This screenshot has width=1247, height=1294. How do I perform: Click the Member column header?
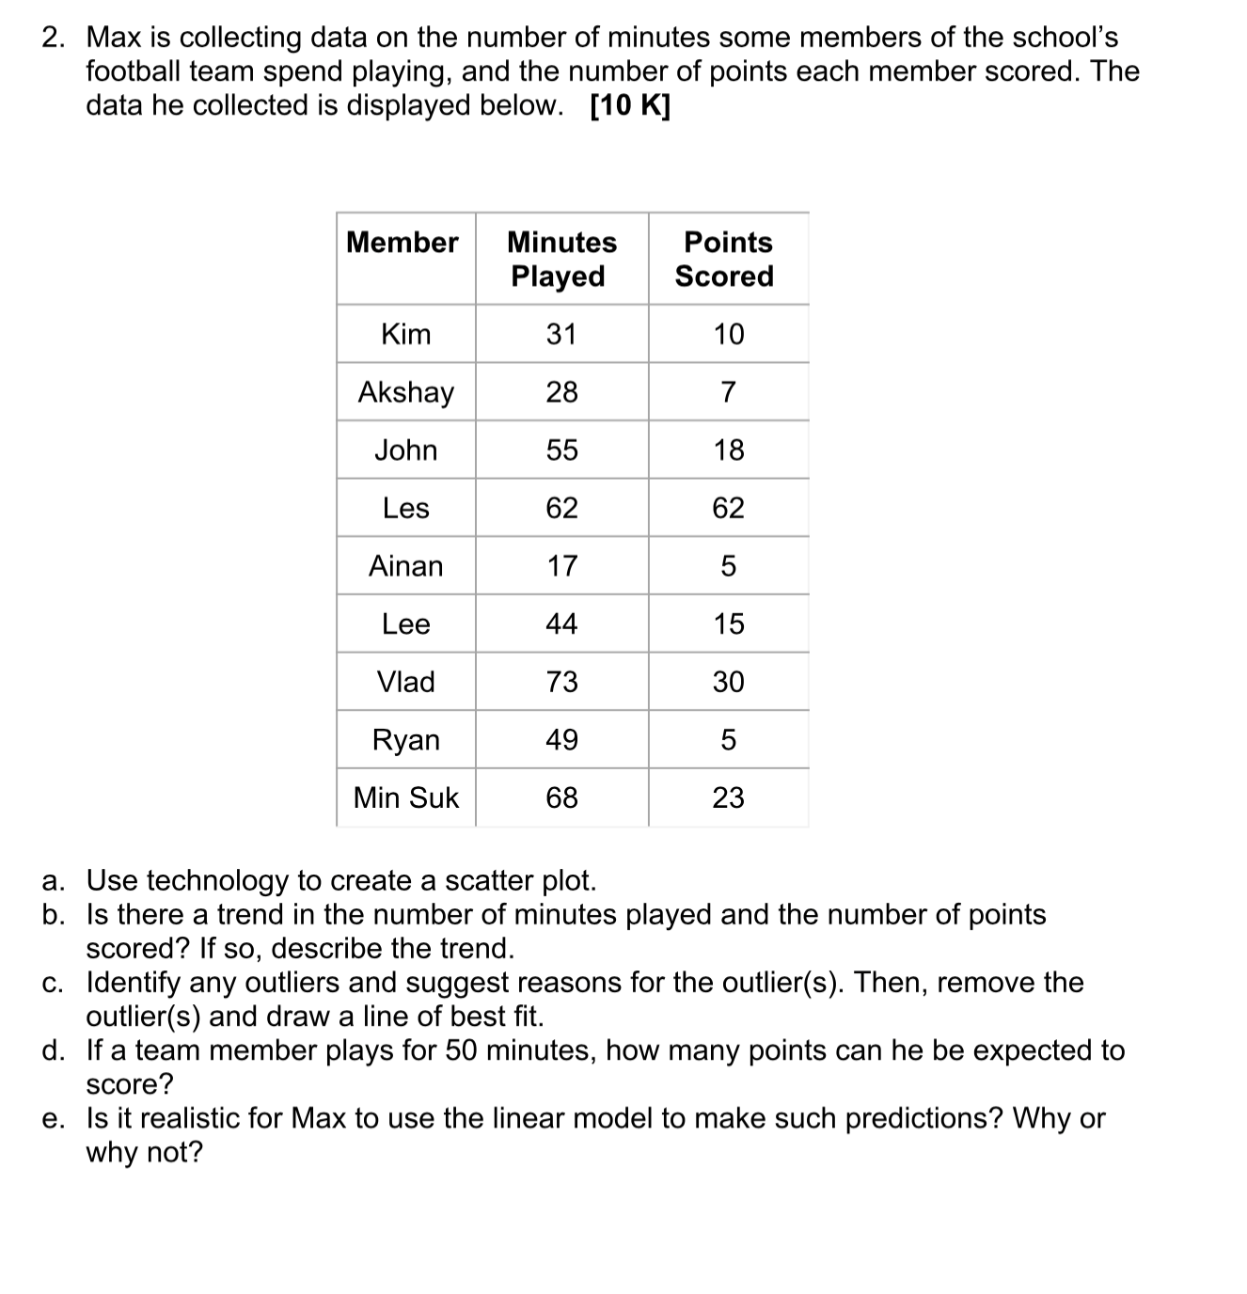click(x=403, y=243)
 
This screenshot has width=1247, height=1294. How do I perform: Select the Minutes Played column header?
click(x=561, y=259)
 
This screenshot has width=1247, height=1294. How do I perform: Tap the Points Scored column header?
click(x=727, y=259)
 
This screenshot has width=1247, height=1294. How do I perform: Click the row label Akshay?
click(x=405, y=392)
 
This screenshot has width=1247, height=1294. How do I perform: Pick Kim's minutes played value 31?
click(x=561, y=334)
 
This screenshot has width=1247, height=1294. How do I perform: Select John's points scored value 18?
click(x=728, y=450)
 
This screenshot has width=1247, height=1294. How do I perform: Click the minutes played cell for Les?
click(x=561, y=508)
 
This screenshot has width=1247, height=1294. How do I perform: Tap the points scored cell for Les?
click(x=728, y=508)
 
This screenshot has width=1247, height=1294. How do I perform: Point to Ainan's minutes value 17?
click(x=561, y=566)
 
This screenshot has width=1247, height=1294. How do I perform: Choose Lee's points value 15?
click(x=728, y=623)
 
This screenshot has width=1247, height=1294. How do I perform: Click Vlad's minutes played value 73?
click(x=561, y=682)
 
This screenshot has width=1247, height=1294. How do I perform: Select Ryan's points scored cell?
click(x=728, y=740)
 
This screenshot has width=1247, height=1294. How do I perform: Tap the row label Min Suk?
click(x=405, y=797)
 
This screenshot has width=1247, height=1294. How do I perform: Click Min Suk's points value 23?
click(x=728, y=797)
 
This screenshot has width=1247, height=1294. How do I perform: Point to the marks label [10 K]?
click(x=630, y=106)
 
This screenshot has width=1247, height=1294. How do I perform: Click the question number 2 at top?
click(x=54, y=38)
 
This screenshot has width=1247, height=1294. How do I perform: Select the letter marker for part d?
click(x=53, y=1050)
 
